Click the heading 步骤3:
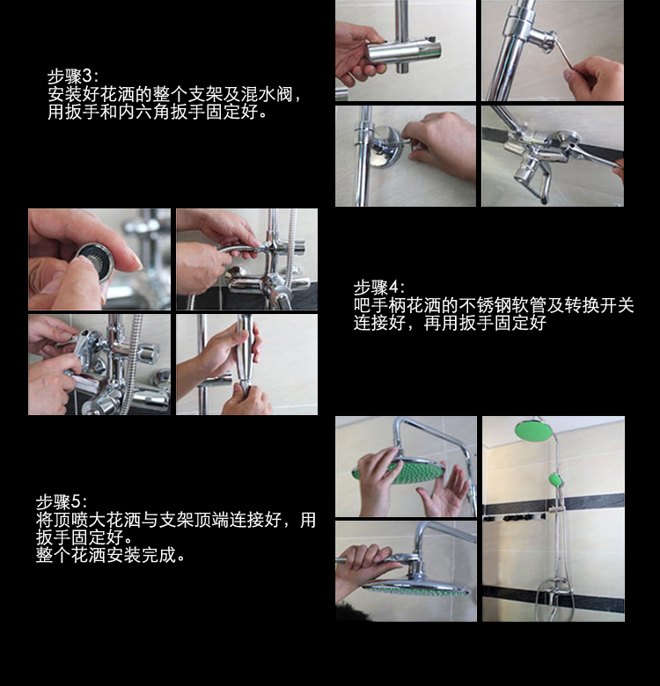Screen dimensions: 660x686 [73, 77]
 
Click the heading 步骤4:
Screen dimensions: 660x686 [379, 288]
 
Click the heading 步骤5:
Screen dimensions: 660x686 [62, 502]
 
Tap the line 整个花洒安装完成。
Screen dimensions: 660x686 [111, 555]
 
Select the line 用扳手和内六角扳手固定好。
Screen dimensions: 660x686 [158, 112]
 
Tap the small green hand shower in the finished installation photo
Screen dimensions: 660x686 [556, 480]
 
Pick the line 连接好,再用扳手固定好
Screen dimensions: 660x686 [450, 323]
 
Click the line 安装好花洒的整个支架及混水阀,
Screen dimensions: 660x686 [175, 94]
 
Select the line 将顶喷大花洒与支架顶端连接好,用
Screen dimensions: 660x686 [176, 520]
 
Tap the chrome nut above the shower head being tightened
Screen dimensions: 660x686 [416, 568]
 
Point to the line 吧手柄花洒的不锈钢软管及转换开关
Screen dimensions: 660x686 [494, 305]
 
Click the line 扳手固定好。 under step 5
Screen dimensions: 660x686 [84, 537]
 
